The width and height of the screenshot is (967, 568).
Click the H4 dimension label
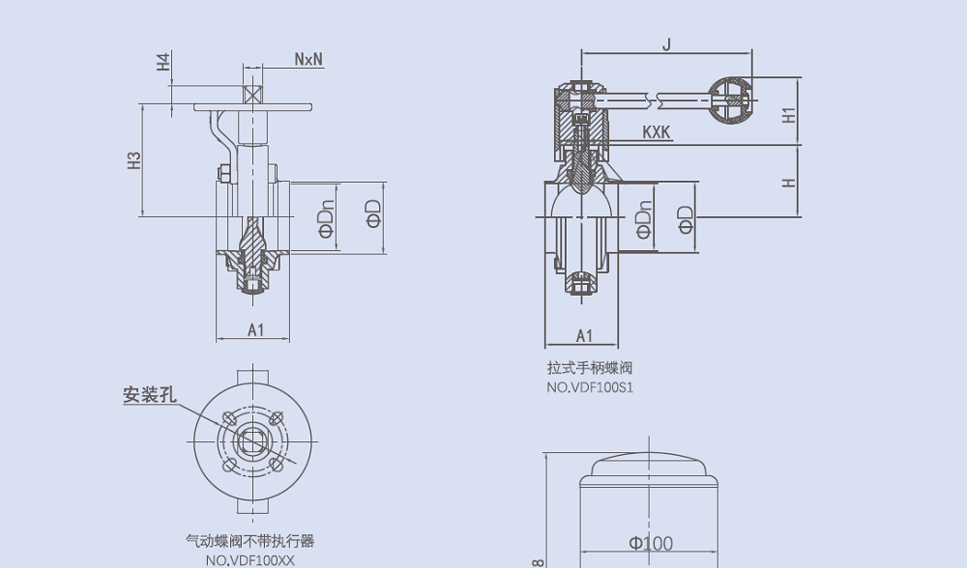point(163,62)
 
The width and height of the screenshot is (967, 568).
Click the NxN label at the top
point(308,60)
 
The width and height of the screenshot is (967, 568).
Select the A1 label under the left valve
point(255,330)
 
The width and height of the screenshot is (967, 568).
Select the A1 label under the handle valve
point(584,336)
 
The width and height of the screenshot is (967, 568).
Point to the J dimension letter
point(666,44)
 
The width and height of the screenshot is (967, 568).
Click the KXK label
point(657,131)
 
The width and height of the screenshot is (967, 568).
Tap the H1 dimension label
point(789,113)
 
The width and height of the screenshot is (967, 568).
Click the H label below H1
point(789,182)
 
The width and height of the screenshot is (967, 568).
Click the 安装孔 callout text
point(149,395)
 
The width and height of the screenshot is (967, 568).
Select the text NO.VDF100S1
point(589,388)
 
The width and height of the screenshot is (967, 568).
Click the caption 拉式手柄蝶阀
point(589,368)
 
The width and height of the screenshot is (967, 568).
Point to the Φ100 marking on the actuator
point(650,544)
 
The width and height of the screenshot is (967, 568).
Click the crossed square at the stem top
point(254,95)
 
